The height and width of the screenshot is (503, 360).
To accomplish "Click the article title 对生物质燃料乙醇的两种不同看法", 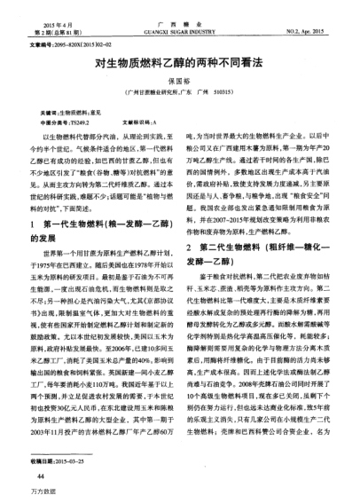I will click(x=179, y=66).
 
